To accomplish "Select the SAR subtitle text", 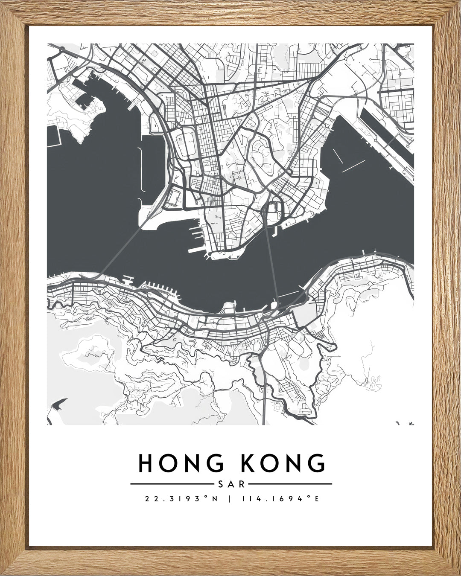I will (x=231, y=484).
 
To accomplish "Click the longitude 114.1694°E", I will (x=280, y=498).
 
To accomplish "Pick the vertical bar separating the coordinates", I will (x=230, y=498).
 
